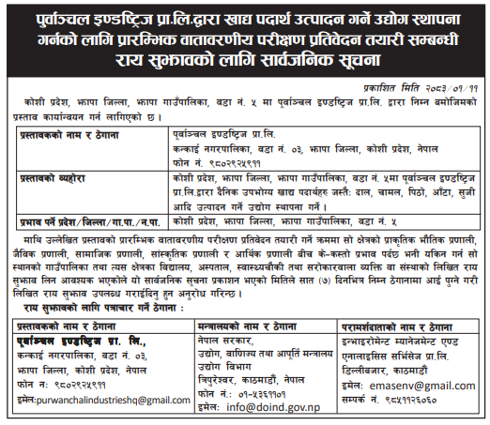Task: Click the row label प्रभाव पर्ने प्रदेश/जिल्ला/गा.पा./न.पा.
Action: pyautogui.click(x=91, y=221)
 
